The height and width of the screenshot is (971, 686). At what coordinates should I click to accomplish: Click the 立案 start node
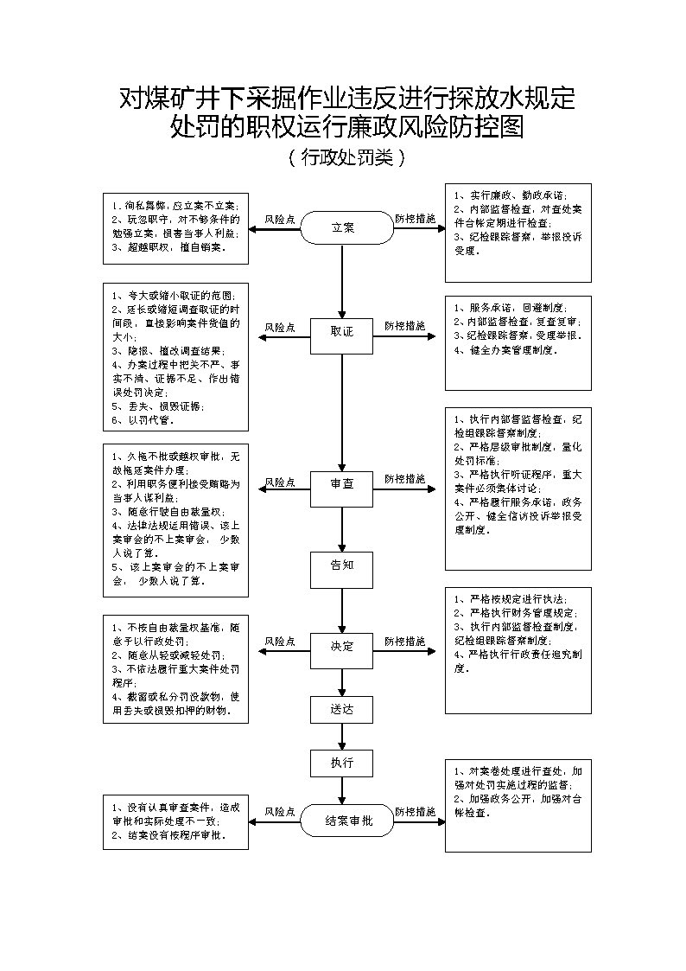[x=343, y=227]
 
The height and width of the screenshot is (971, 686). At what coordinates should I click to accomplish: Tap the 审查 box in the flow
[x=342, y=484]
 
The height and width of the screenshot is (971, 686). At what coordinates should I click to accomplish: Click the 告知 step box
[x=342, y=565]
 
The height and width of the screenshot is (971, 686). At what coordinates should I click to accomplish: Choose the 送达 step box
[x=342, y=710]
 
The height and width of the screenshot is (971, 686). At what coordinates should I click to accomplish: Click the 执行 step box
[x=342, y=763]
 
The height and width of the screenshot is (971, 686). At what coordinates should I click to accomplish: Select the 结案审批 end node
[x=343, y=821]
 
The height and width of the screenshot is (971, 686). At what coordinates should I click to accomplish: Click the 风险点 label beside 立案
[x=280, y=220]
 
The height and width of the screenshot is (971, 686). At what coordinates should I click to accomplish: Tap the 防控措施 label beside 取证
[x=405, y=326]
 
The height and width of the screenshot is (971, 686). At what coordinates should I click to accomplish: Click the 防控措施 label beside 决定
[x=405, y=642]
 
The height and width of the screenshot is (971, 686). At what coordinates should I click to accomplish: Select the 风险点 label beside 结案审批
[x=280, y=812]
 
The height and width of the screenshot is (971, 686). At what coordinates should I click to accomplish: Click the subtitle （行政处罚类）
[x=344, y=158]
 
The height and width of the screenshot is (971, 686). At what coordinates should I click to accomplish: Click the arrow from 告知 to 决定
[x=342, y=610]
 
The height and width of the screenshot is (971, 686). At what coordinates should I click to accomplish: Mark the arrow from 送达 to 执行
[x=342, y=737]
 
